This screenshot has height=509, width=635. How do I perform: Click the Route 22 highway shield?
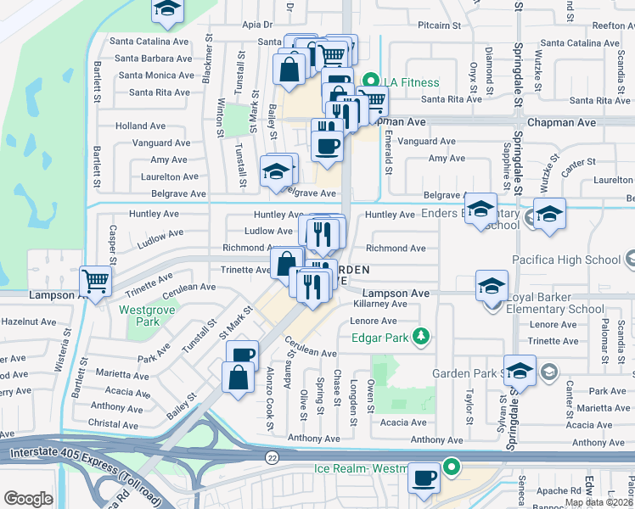click(x=271, y=457)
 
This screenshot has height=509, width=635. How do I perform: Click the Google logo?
click(x=28, y=499)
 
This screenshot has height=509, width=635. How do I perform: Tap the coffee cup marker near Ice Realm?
click(x=424, y=478)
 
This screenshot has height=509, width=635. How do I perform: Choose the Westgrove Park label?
click(x=139, y=316)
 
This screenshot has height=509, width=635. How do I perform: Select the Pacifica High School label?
click(x=566, y=260)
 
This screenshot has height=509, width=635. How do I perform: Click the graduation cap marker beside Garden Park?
click(x=520, y=371)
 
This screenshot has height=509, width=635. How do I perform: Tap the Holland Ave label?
click(x=140, y=126)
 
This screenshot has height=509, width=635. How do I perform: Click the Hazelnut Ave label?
click(x=28, y=323)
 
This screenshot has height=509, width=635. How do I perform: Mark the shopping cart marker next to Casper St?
click(x=96, y=281)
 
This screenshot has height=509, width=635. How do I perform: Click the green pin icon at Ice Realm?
click(x=452, y=467)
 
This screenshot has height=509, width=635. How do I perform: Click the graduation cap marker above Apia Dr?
click(x=167, y=10)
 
